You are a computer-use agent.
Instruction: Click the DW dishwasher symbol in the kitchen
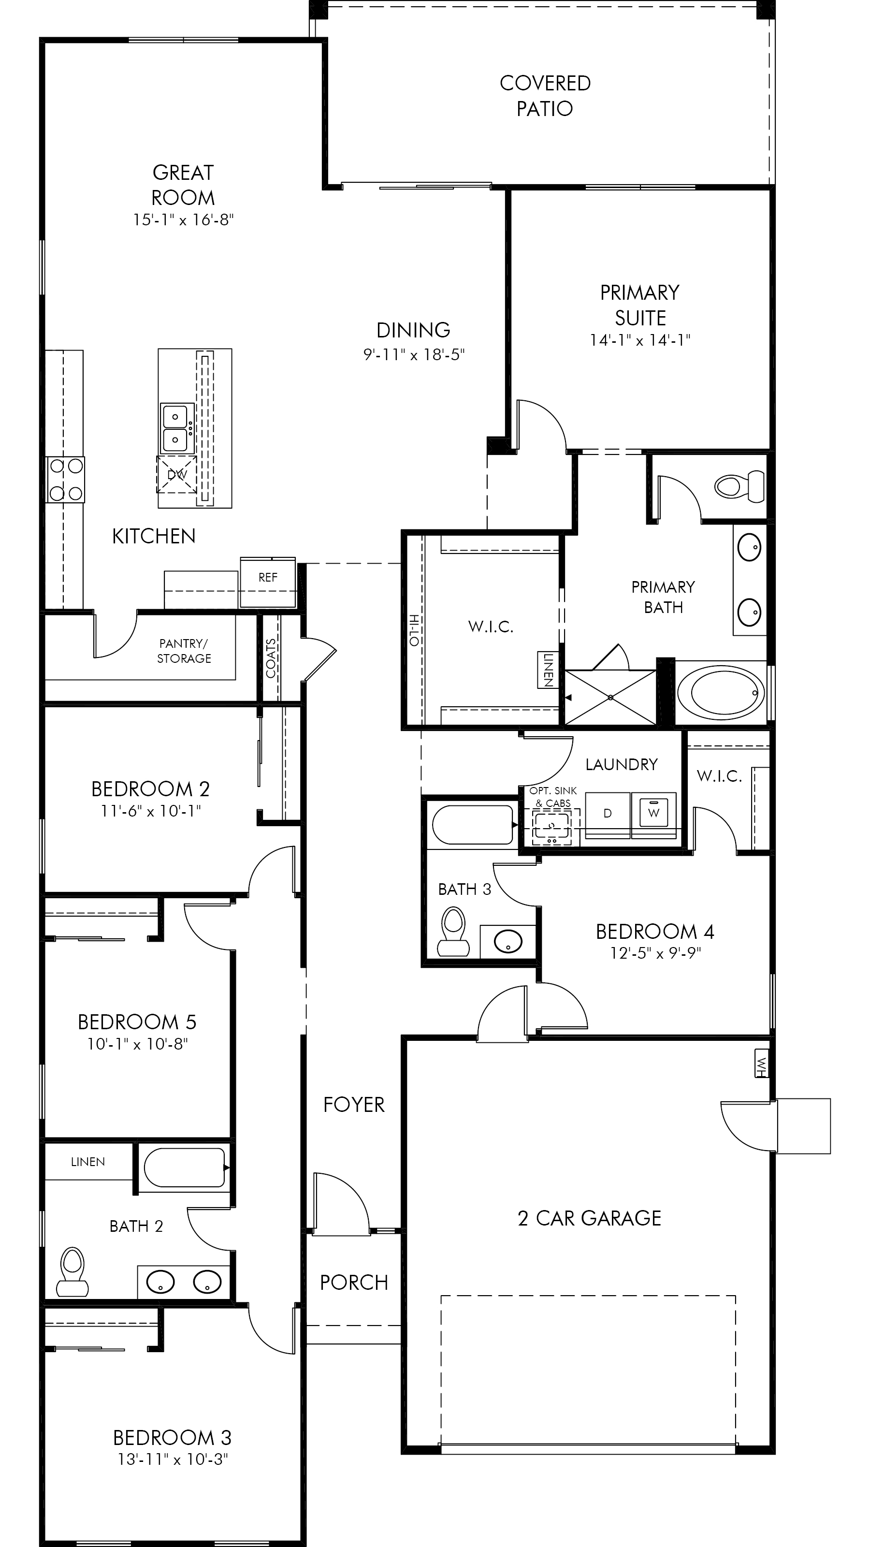(x=177, y=474)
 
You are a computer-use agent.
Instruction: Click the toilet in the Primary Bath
(x=739, y=485)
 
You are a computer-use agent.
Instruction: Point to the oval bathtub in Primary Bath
(x=721, y=692)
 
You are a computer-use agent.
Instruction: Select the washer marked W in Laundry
(x=654, y=813)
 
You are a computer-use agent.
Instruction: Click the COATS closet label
(x=271, y=658)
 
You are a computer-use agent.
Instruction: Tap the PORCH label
(x=354, y=1282)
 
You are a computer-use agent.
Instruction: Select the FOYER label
(x=354, y=1104)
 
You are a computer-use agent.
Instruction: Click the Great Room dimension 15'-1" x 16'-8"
(x=183, y=220)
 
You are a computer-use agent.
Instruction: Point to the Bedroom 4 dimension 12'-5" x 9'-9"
(x=656, y=954)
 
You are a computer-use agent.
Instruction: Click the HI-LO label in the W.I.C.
(x=414, y=630)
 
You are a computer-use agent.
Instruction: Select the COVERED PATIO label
(x=545, y=96)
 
